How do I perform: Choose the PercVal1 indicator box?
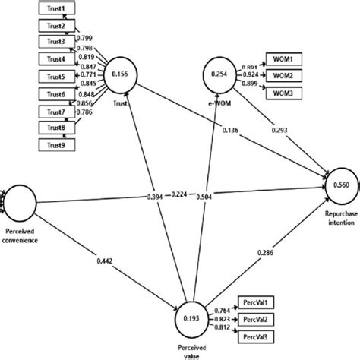click(x=257, y=302)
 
